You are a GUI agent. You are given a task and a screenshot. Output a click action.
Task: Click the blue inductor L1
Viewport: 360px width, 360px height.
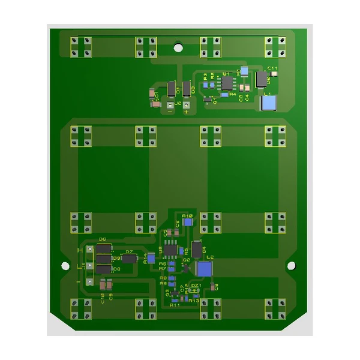click(268, 103)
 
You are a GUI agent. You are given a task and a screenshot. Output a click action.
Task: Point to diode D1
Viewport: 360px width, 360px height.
click(172, 89)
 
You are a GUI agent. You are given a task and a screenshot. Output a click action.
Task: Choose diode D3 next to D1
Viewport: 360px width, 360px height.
click(187, 89)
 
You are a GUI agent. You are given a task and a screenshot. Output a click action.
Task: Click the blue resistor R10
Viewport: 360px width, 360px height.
click(188, 221)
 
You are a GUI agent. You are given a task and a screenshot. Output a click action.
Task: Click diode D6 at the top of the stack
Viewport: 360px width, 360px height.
click(104, 248)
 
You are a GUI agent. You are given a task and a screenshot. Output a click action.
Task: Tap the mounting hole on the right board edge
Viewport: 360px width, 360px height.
click(291, 265)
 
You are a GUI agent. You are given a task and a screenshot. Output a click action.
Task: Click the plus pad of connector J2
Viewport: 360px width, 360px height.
click(187, 106)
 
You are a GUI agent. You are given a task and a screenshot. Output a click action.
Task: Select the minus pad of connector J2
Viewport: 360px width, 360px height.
click(170, 106)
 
